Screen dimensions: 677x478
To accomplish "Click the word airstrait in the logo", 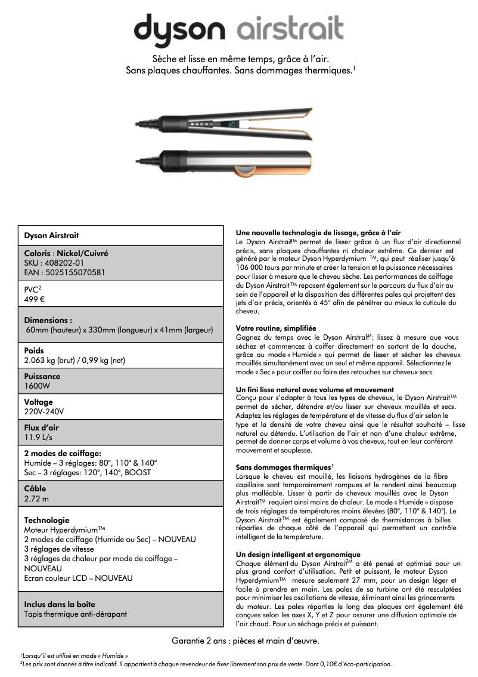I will click(x=290, y=28).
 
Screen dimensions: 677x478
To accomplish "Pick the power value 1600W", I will click(x=37, y=386).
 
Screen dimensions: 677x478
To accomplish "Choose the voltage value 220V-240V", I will click(x=44, y=411).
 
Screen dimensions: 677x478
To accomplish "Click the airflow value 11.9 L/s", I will click(x=38, y=437).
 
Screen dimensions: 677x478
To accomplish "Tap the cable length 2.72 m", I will click(x=36, y=498).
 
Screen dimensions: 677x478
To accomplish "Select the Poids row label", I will click(x=33, y=350).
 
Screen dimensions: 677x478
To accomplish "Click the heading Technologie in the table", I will click(x=46, y=520).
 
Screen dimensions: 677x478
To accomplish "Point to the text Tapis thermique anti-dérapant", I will click(x=75, y=614).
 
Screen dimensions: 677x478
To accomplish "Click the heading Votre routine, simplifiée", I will click(x=276, y=328).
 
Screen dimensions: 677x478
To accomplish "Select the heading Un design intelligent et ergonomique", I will click(x=298, y=555).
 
